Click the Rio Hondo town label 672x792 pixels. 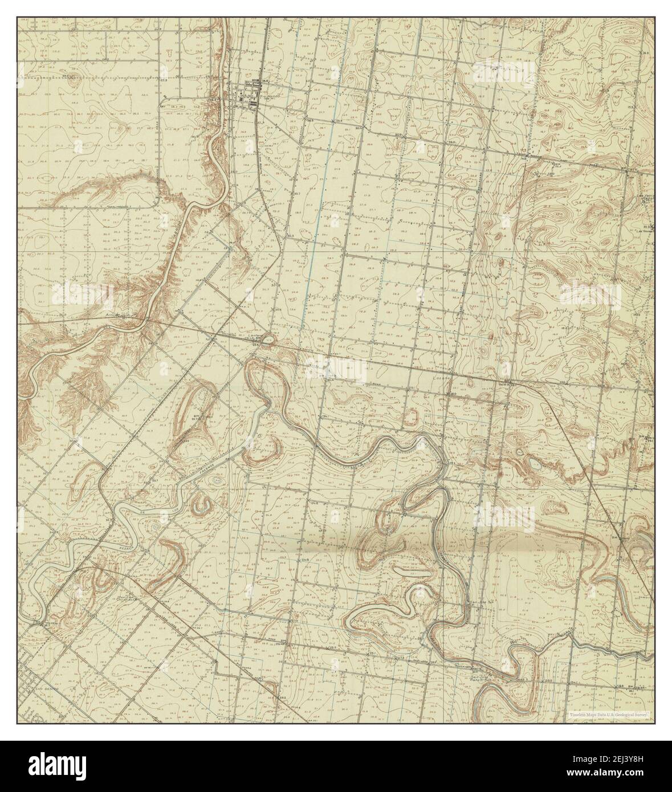tap(269, 96)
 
